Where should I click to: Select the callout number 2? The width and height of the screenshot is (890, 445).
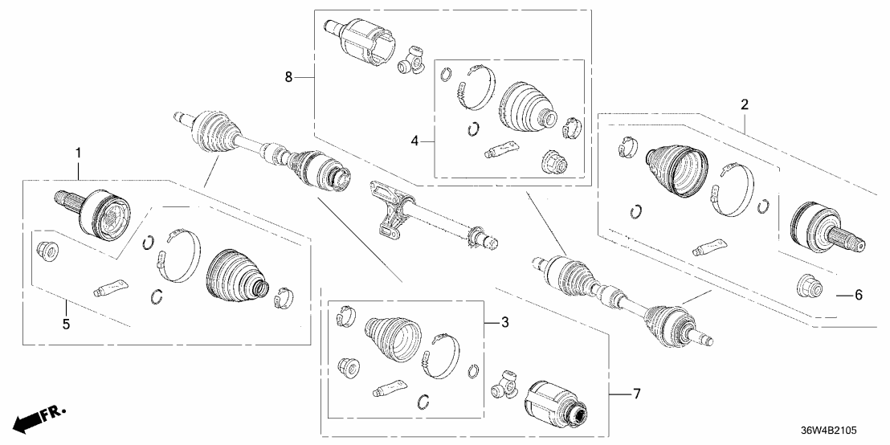tap(745, 104)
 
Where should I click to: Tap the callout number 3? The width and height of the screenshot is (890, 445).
tap(504, 323)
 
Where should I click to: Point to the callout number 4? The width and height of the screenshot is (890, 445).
tap(414, 141)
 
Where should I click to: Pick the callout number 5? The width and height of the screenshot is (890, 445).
tap(66, 325)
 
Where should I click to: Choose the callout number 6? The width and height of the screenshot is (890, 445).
tap(857, 295)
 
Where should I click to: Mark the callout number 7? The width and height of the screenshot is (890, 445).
tap(636, 394)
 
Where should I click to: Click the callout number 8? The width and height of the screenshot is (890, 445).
tap(288, 77)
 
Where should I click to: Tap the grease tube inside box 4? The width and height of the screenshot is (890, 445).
tap(502, 148)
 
